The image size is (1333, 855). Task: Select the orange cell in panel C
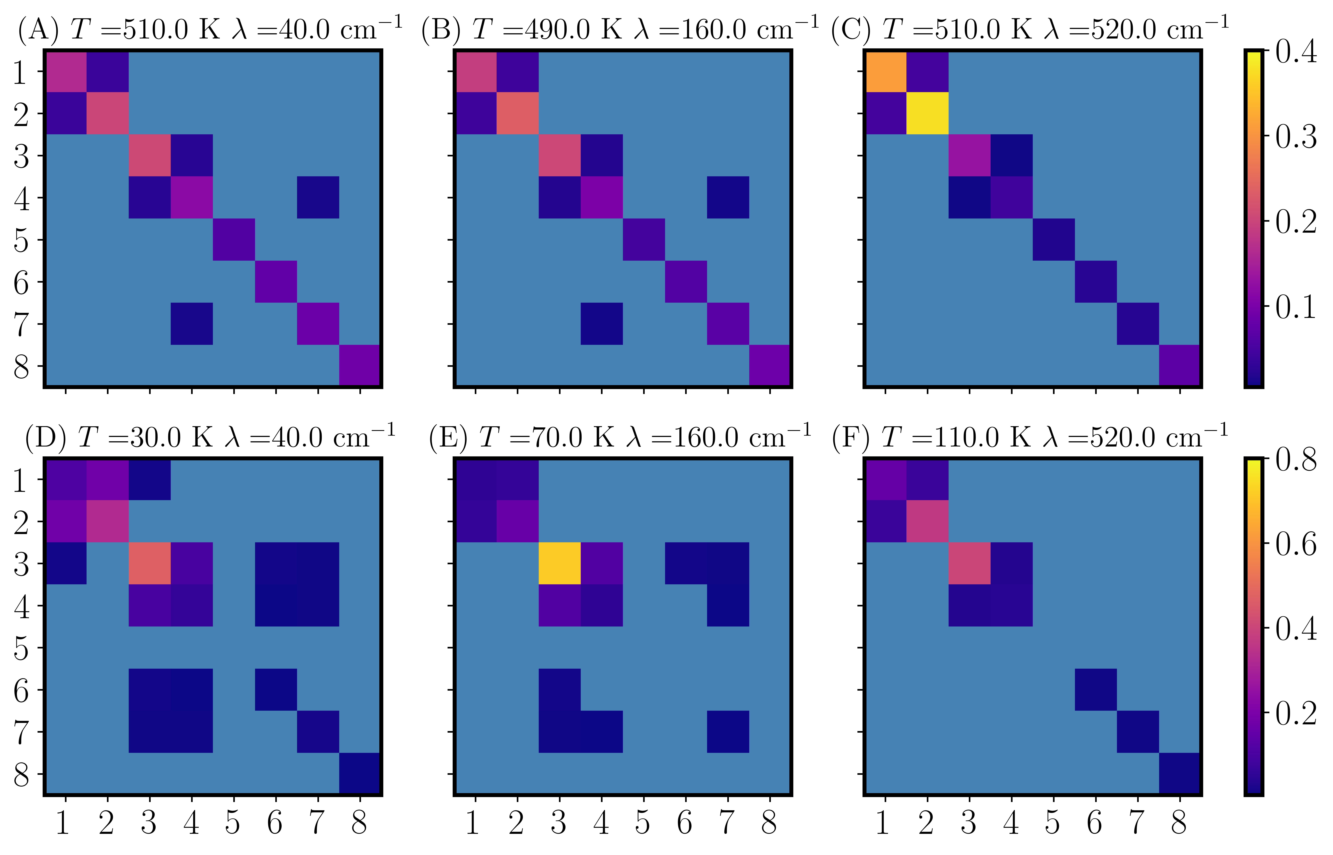click(885, 71)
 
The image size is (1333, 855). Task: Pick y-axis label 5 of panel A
click(21, 240)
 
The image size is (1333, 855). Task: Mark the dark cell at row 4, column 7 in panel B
click(728, 197)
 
